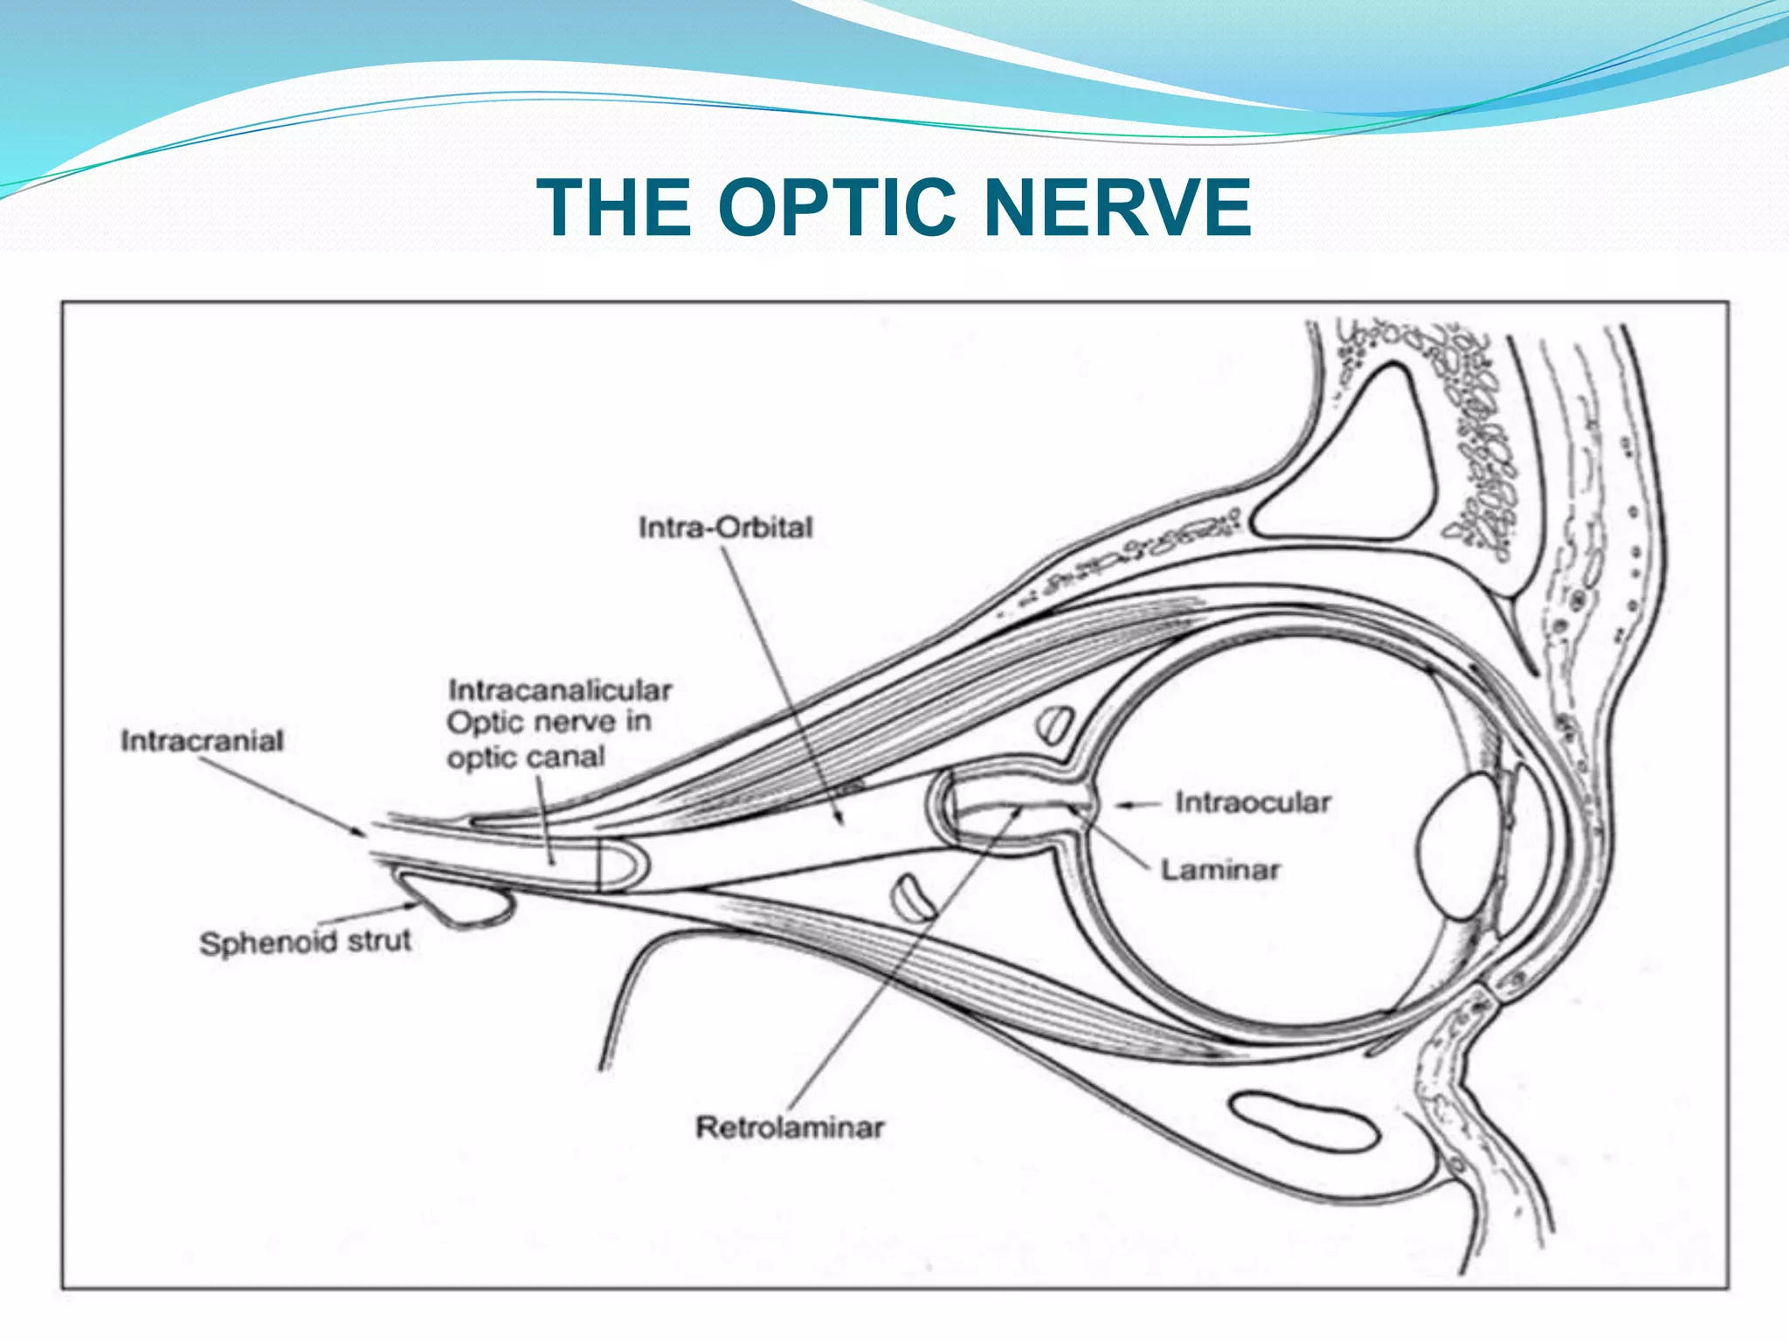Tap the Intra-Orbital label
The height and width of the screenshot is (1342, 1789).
coord(725,528)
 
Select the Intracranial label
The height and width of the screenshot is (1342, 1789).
coord(202,741)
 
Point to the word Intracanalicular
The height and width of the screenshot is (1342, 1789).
coord(560,690)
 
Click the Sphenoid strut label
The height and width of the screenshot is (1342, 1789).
coord(305,942)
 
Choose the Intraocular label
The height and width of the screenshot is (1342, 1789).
coord(1253,802)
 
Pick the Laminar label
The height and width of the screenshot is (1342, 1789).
coord(1219,870)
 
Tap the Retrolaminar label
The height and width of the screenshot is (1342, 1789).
coord(790,1127)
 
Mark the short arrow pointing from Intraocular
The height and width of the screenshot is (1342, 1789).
coord(1137,805)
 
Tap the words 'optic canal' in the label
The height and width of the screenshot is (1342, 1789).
coord(526,757)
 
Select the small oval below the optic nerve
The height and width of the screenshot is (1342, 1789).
coord(913,899)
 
